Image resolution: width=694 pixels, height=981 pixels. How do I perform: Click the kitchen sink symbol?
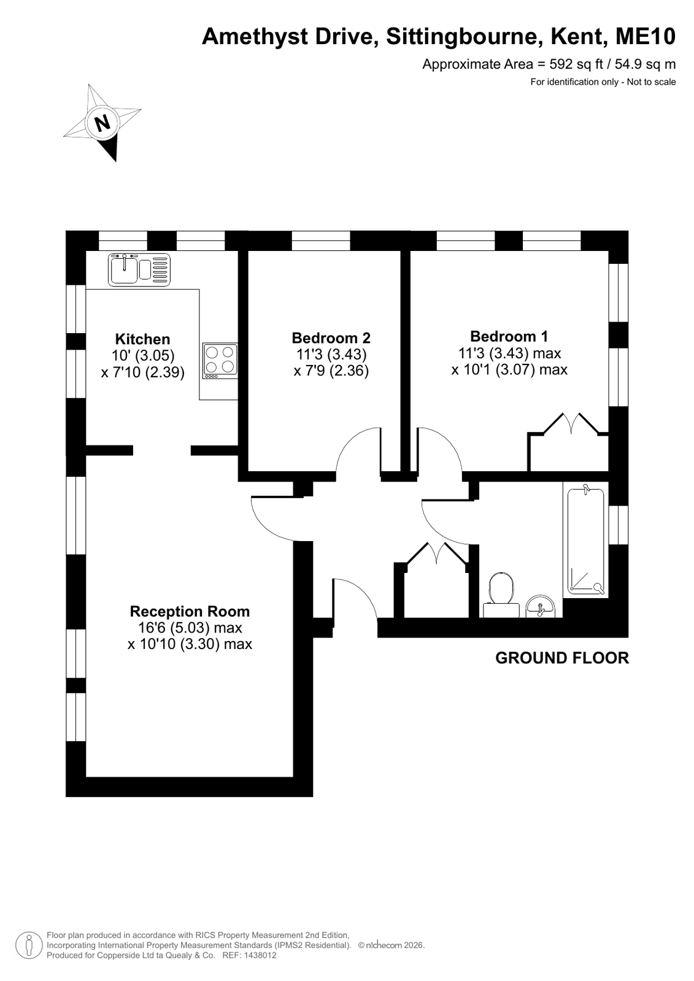pyautogui.click(x=139, y=270)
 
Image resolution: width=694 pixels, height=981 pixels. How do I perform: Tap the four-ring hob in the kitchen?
pyautogui.click(x=220, y=361)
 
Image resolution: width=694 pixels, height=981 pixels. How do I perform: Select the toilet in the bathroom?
pyautogui.click(x=501, y=595)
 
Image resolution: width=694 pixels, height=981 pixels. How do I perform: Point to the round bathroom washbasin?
pyautogui.click(x=541, y=606)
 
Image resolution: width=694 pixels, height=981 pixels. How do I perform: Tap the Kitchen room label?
pyautogui.click(x=142, y=339)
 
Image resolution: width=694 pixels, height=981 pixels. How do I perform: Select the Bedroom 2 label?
pyautogui.click(x=331, y=337)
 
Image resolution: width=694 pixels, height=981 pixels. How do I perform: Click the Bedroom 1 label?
pyautogui.click(x=509, y=336)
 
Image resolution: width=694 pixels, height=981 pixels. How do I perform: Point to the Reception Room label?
pyautogui.click(x=190, y=611)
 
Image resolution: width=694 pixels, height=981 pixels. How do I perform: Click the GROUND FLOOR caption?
pyautogui.click(x=562, y=658)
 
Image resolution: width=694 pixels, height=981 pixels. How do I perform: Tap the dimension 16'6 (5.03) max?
pyautogui.click(x=190, y=628)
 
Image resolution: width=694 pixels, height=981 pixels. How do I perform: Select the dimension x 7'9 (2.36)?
pyautogui.click(x=331, y=371)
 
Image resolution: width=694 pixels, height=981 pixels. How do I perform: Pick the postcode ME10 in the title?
pyautogui.click(x=646, y=36)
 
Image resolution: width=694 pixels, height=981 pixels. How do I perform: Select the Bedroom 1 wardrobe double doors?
pyautogui.click(x=571, y=423)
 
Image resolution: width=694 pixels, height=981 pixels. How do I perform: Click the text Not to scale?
pyautogui.click(x=651, y=82)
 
